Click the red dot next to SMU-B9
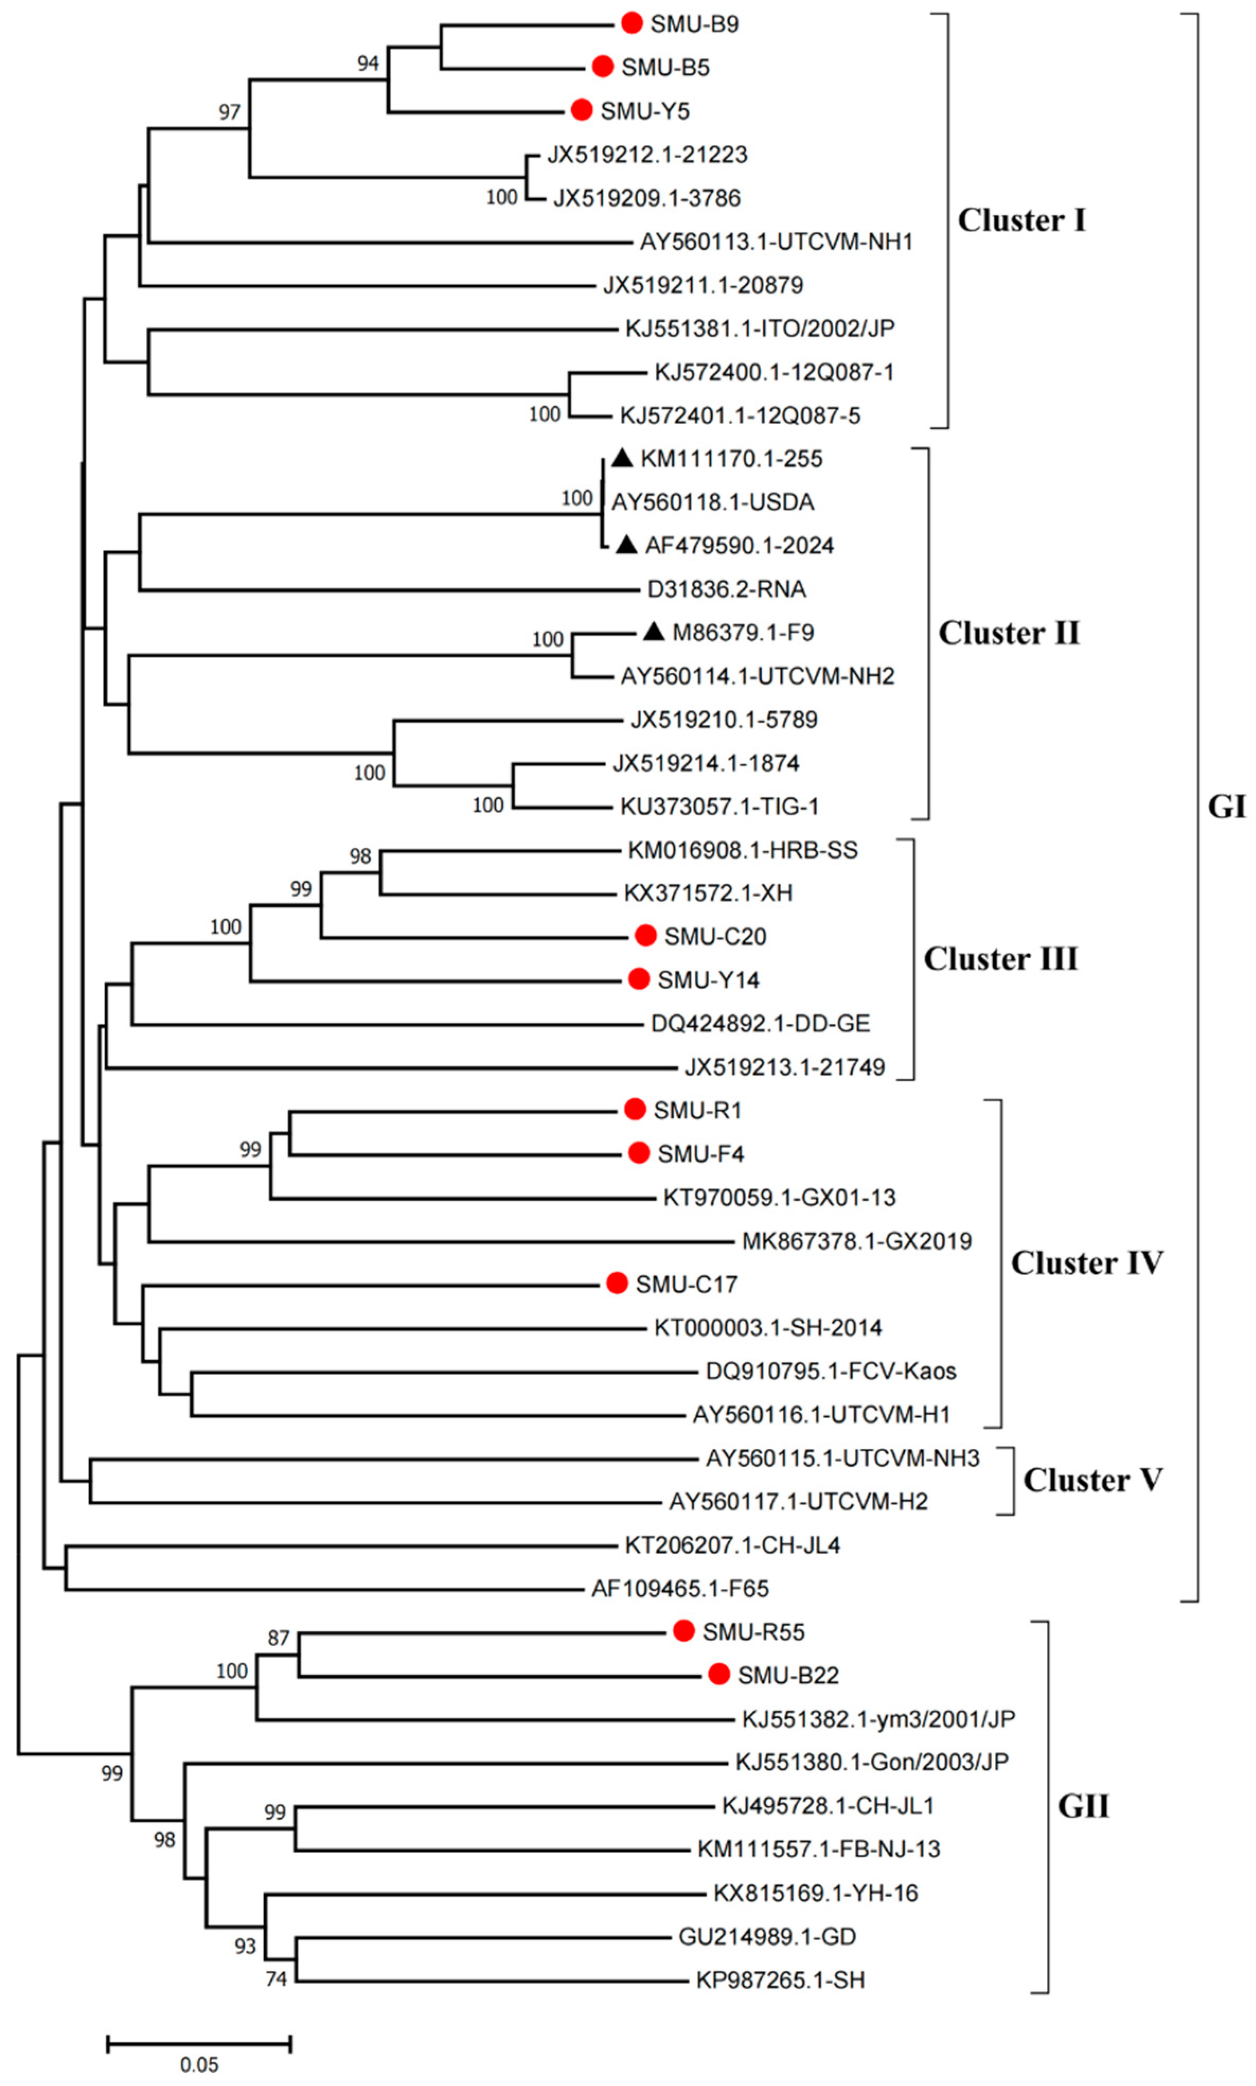[631, 23]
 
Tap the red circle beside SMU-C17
[617, 1284]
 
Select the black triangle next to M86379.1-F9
[653, 632]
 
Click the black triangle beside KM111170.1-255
[622, 458]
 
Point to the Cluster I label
[1021, 220]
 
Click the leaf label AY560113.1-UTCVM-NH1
[776, 242]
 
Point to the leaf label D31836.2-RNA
[726, 589]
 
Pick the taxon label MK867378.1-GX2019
[857, 1241]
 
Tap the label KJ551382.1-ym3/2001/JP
[878, 1719]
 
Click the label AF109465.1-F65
[680, 1589]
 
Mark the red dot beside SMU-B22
[718, 1675]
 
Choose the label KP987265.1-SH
[779, 1980]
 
